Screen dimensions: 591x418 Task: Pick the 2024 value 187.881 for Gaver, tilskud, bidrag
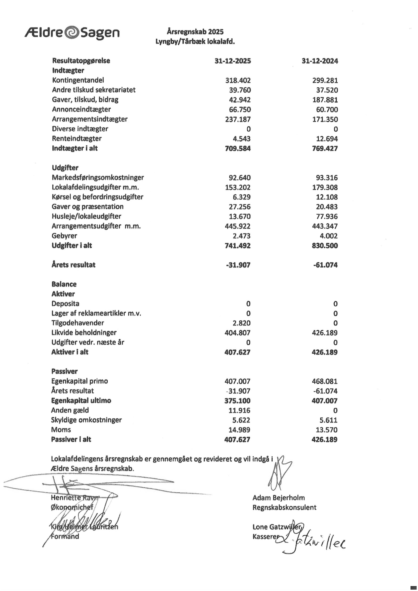tap(325, 100)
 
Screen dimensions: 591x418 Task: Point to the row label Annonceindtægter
tap(81, 109)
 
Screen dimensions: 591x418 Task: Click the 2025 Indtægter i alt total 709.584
tap(238, 149)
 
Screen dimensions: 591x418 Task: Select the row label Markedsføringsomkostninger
tap(98, 178)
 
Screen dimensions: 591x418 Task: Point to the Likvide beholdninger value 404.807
tap(237, 333)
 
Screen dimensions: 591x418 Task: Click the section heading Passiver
tap(64, 371)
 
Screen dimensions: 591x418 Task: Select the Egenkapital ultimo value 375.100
tap(237, 401)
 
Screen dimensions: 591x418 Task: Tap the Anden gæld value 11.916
tap(239, 411)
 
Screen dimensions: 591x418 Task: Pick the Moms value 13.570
tap(327, 430)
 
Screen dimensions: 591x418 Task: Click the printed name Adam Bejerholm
tap(279, 498)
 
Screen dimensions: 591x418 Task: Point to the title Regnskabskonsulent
tap(284, 508)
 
